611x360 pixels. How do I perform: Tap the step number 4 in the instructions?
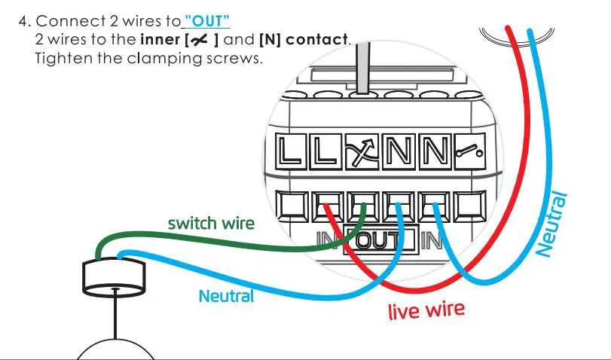coord(23,22)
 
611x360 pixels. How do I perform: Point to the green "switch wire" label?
coord(210,224)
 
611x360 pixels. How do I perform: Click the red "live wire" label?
coord(426,309)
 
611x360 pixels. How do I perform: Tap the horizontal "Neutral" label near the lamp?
coord(226,296)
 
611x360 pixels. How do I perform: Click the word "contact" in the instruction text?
coord(320,39)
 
